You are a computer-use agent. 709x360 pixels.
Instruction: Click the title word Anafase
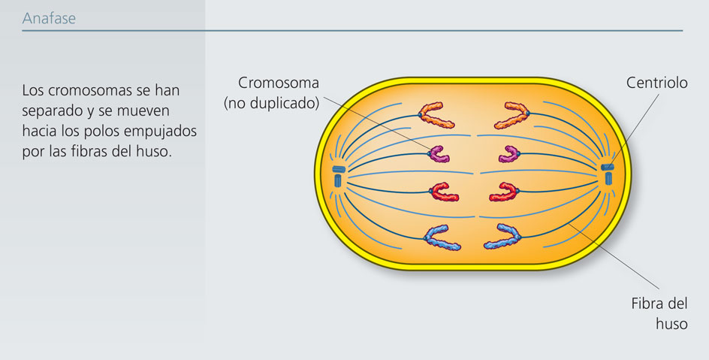(x=49, y=19)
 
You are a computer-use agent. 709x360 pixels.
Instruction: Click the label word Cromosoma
(x=279, y=83)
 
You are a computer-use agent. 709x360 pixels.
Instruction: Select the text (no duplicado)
(x=271, y=102)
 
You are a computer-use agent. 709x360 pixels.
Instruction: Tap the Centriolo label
(x=656, y=83)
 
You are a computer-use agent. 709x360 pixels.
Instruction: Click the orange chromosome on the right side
(x=513, y=114)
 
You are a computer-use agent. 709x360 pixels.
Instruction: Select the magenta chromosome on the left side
(x=439, y=153)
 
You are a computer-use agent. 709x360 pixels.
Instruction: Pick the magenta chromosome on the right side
(x=511, y=153)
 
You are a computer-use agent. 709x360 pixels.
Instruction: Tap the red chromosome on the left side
(x=444, y=192)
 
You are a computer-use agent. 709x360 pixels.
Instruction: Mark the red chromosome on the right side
(x=505, y=192)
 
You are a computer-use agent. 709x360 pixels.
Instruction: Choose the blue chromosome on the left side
(x=443, y=237)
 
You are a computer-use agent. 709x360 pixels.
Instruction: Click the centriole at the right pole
(x=607, y=174)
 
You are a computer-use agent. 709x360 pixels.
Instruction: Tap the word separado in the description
(x=51, y=110)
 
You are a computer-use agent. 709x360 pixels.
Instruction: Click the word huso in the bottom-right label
(x=671, y=324)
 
